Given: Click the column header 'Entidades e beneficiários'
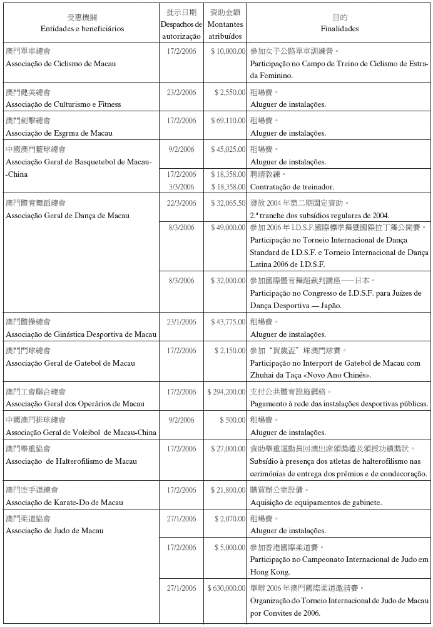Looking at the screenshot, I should pos(82,29).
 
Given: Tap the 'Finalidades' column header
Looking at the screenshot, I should pos(339,29).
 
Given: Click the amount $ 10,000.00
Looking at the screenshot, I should pos(228,51).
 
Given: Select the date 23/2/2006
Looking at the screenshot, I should pos(181,92).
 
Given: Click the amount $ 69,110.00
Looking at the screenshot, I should pos(228,120).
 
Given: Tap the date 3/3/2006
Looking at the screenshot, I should pos(181,186).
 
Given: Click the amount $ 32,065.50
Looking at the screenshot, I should pos(228,203).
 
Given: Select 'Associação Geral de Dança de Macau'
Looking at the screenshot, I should pos(68,215).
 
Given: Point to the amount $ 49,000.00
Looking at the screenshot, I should pos(228,227).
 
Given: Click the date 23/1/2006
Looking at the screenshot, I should pos(181,321).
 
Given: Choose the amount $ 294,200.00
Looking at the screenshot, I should pos(226,392).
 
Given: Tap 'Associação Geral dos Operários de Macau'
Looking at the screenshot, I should pos(75,404).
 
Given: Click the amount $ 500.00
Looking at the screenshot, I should pos(232,420).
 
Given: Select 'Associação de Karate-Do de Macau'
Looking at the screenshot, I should pos(64,502).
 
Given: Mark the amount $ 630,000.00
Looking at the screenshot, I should pos(226,588).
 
